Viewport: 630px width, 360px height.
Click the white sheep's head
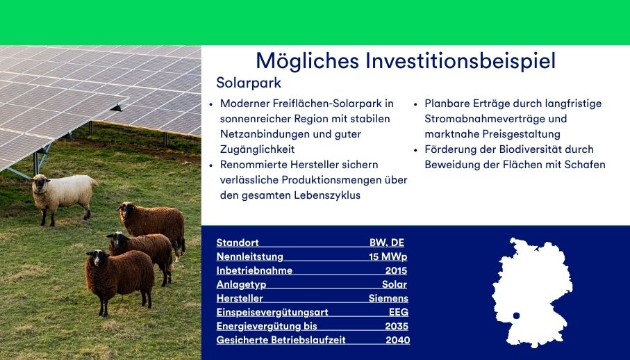[40, 183]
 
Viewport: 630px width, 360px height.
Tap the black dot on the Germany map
[516, 316]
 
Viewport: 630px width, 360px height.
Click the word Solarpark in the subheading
[249, 83]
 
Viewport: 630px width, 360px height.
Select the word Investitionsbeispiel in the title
[461, 60]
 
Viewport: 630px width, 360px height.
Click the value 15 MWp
[388, 256]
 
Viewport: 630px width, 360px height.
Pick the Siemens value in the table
[388, 298]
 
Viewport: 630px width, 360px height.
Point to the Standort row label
[238, 243]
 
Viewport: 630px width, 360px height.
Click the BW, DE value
[386, 243]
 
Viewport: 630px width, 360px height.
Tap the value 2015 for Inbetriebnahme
[396, 270]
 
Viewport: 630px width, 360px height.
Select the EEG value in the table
[398, 312]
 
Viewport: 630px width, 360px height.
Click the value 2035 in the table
[397, 326]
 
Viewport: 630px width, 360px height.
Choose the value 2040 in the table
[398, 340]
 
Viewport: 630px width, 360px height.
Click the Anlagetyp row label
[241, 284]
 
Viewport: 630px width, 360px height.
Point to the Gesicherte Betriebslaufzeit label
[281, 340]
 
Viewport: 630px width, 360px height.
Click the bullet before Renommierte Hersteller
[211, 165]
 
